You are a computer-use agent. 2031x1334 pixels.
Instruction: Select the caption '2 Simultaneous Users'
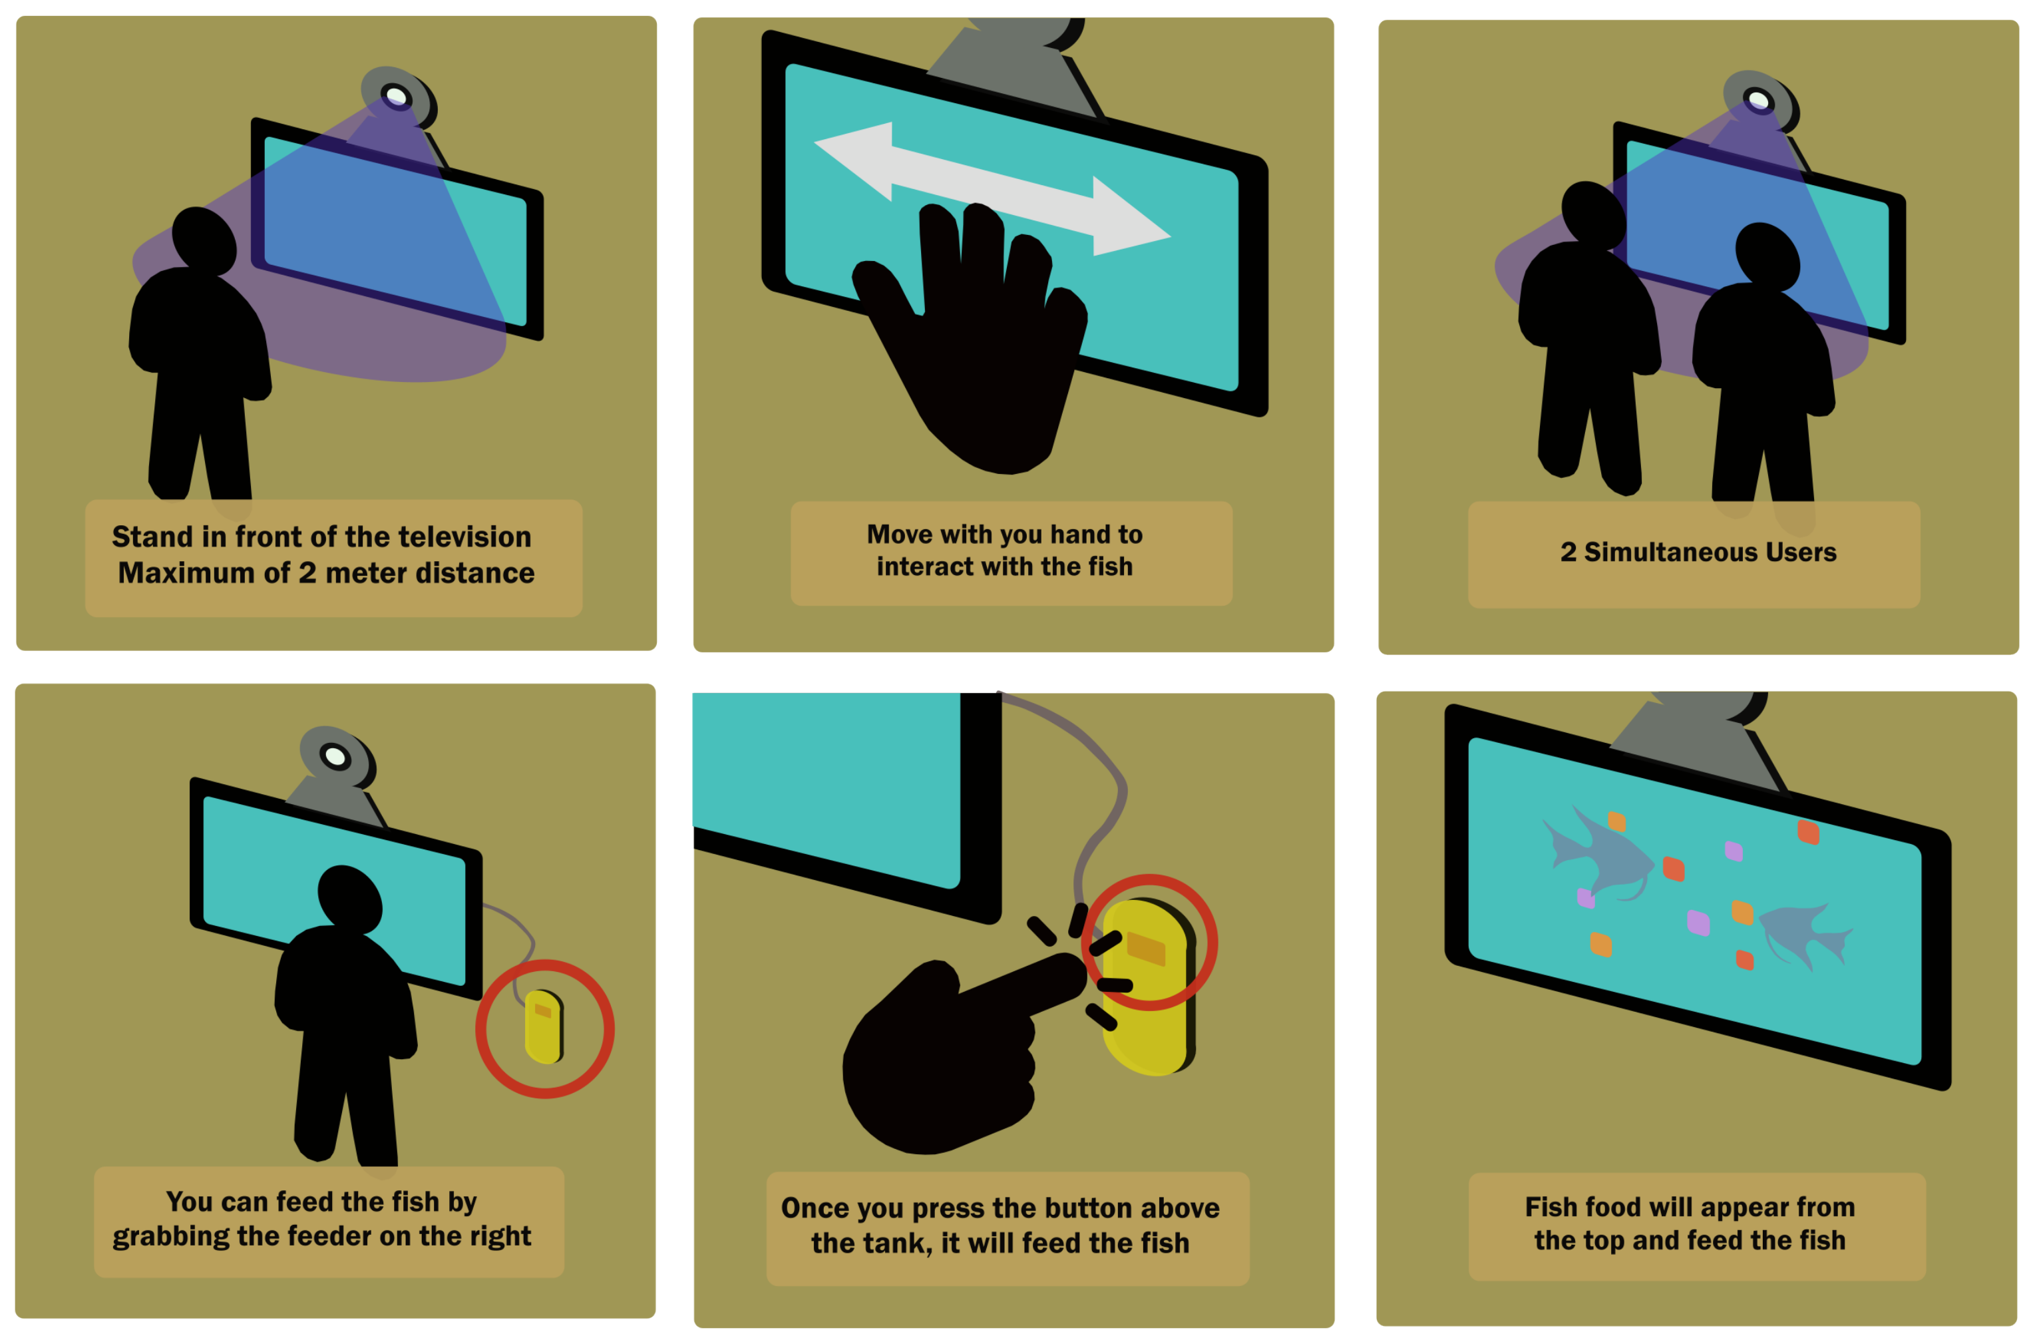(x=1698, y=553)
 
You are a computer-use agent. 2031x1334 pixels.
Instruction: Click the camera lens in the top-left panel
(x=396, y=95)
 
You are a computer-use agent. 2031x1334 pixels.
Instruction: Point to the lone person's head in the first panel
(x=204, y=240)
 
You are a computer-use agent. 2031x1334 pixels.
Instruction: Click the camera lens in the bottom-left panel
(x=335, y=756)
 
